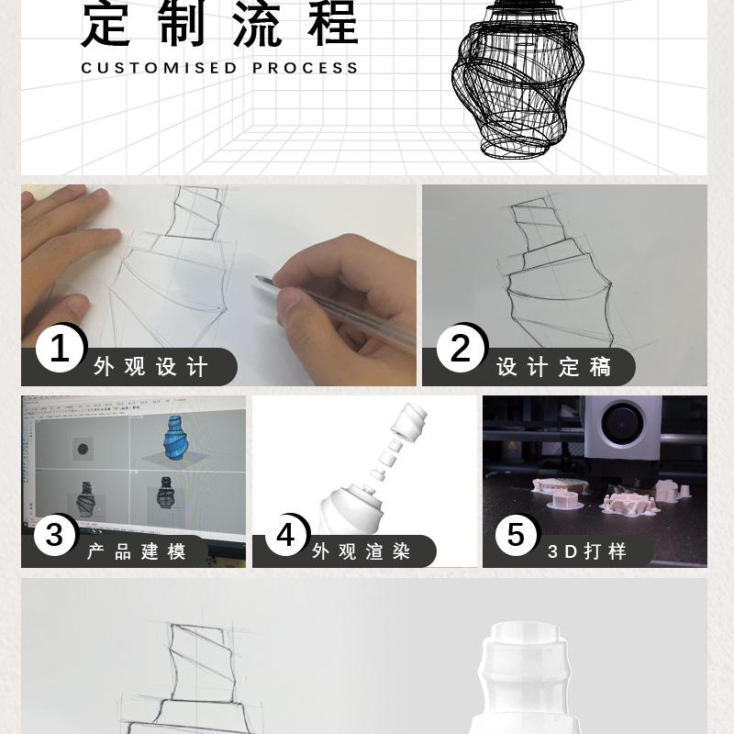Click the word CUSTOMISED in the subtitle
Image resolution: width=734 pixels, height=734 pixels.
click(x=159, y=68)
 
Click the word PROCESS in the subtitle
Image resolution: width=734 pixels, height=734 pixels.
click(x=306, y=68)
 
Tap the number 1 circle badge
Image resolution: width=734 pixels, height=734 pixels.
click(x=60, y=349)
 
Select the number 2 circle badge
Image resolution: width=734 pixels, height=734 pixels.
click(x=461, y=349)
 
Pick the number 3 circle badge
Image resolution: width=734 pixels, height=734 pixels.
click(x=55, y=534)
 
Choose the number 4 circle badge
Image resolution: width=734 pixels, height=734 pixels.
click(x=285, y=534)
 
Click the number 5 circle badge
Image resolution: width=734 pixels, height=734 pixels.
click(x=516, y=534)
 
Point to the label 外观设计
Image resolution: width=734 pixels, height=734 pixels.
click(x=150, y=366)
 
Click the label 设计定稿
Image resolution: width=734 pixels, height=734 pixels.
click(x=554, y=366)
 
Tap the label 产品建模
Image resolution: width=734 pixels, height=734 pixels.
click(x=137, y=551)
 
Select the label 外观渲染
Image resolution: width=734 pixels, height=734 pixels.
click(x=361, y=551)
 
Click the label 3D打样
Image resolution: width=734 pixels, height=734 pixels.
click(x=587, y=551)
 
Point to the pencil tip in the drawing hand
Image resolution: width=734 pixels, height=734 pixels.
click(x=258, y=278)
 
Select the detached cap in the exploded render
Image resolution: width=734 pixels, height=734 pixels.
click(x=408, y=423)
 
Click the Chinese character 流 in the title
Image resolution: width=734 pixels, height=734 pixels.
click(x=257, y=24)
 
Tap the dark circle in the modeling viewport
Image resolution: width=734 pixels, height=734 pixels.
click(x=83, y=450)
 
